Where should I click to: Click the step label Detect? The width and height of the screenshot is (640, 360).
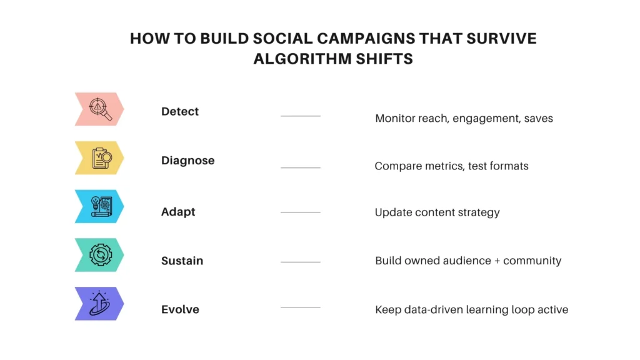[x=180, y=112]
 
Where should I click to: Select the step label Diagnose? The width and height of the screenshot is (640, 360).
[x=187, y=161]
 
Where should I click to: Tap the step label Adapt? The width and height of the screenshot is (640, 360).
[x=178, y=212]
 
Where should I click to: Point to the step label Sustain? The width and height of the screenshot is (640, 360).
[x=182, y=261]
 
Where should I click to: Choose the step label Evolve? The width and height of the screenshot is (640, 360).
[x=180, y=309]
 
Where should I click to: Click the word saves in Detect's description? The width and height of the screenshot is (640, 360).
[x=538, y=118]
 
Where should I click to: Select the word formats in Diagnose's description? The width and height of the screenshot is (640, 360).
[x=506, y=166]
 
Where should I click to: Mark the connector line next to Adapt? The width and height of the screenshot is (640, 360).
[x=301, y=212]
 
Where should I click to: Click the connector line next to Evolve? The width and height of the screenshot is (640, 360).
[x=301, y=307]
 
